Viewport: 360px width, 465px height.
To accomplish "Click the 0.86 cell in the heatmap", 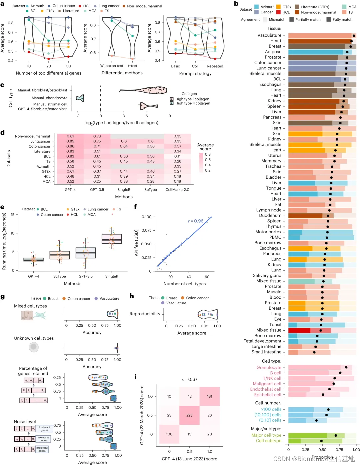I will coord(70,146).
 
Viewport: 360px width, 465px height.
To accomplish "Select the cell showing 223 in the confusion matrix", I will coord(189,415).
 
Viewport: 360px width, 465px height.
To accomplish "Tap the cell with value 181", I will coord(210,396).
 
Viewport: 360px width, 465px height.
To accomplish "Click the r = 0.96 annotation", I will coord(196,221).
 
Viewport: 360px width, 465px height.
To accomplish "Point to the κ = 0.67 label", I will coord(189,379).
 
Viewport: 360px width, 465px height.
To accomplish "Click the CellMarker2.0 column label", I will coord(177,190).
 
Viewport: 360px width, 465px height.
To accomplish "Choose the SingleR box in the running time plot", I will coord(112,239).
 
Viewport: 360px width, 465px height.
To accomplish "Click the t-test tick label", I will coord(132,66).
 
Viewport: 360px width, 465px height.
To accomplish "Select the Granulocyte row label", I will coord(269,367).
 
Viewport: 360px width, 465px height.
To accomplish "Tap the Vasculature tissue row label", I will coord(269,35).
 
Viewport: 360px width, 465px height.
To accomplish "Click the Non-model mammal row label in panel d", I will coord(32,136).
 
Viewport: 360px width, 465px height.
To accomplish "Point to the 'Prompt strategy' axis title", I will coord(195,74).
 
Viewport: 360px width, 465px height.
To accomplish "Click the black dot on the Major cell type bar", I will coord(336,435).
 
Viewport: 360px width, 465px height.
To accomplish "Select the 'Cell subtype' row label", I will coord(268,441).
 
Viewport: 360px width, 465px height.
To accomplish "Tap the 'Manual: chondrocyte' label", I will coord(49,98).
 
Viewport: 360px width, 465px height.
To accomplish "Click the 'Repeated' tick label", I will coord(215,66).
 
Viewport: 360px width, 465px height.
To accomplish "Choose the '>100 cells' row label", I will coord(271,409).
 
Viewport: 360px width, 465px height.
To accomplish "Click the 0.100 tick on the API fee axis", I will coord(146,217).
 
